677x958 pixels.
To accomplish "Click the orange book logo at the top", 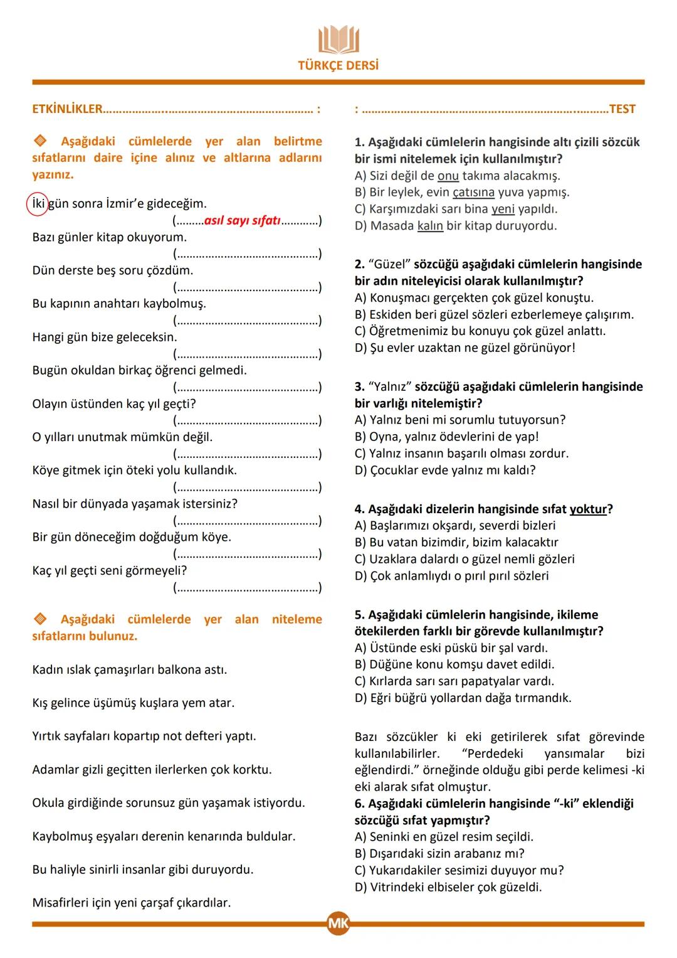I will (x=338, y=40).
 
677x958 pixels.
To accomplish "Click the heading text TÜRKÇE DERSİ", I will (x=338, y=65).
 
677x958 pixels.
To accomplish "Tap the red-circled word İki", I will (x=38, y=204).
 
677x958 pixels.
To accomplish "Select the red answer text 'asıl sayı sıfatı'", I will (x=242, y=220).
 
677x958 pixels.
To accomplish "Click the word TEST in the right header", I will (x=622, y=109).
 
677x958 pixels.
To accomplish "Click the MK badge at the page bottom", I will (x=338, y=923).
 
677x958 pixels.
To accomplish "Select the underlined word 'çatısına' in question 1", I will (x=473, y=193).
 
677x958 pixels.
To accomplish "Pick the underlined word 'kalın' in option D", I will (x=430, y=226).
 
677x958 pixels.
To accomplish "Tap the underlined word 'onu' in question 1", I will (x=448, y=176).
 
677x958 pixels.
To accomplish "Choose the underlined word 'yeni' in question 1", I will (x=503, y=210).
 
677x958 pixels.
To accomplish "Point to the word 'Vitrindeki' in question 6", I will (x=399, y=887).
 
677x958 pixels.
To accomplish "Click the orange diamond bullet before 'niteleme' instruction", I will (x=39, y=619).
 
